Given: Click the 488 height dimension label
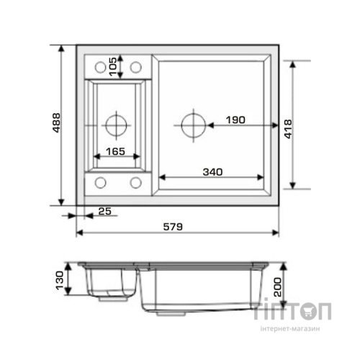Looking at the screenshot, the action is click(x=57, y=122).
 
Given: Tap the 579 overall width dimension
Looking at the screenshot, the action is click(x=173, y=227).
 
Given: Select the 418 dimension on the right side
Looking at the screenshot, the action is click(x=288, y=129).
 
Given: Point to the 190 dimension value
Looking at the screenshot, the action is click(x=235, y=120).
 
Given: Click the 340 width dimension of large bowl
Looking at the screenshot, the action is click(x=212, y=172).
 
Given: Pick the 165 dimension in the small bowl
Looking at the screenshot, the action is click(x=115, y=151).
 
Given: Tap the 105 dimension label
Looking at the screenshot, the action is click(x=113, y=66).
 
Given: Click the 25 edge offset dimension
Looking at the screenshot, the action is click(x=105, y=212).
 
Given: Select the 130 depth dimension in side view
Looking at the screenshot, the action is click(x=60, y=280).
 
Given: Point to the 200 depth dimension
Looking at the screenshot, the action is click(x=278, y=287).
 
